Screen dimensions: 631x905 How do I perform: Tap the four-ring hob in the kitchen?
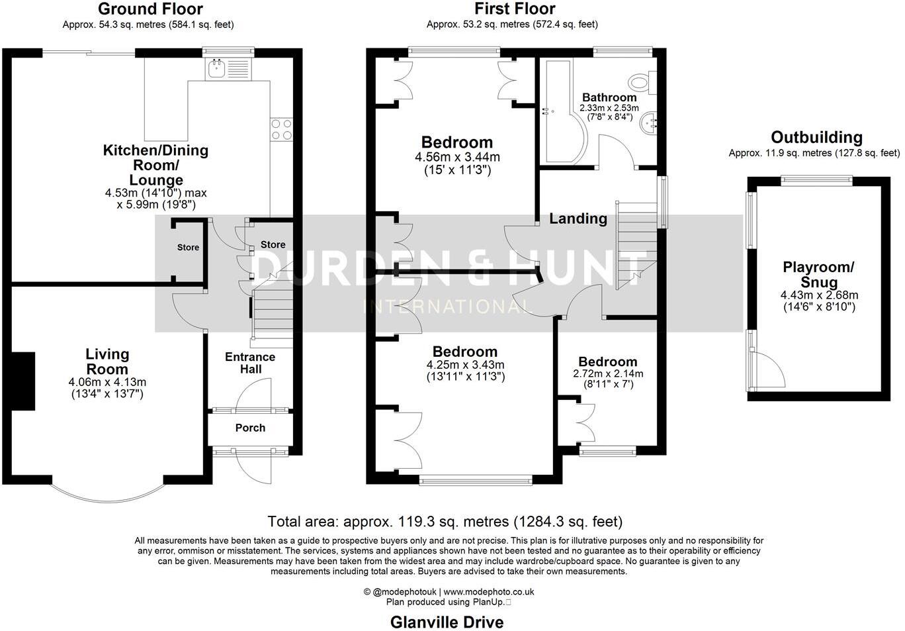pyautogui.click(x=282, y=129)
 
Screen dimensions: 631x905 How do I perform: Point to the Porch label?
pyautogui.click(x=250, y=428)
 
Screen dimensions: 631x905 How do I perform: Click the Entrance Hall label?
pyautogui.click(x=250, y=363)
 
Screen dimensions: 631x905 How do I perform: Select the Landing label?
pyautogui.click(x=578, y=218)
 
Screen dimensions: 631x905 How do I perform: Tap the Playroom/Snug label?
pyautogui.click(x=818, y=274)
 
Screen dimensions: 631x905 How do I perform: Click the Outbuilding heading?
pyautogui.click(x=816, y=138)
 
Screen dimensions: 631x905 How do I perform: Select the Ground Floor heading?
pyautogui.click(x=150, y=9)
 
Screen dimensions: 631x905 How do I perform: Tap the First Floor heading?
pyautogui.click(x=515, y=9)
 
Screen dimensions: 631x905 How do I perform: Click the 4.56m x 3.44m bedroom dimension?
pyautogui.click(x=457, y=158)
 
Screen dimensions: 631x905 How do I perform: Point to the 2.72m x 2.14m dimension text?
pyautogui.click(x=607, y=373)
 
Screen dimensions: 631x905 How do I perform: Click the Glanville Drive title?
pyautogui.click(x=447, y=622)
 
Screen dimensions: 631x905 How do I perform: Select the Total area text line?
pyautogui.click(x=445, y=522)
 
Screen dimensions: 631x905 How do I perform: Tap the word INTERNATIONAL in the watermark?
pyautogui.click(x=449, y=307)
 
